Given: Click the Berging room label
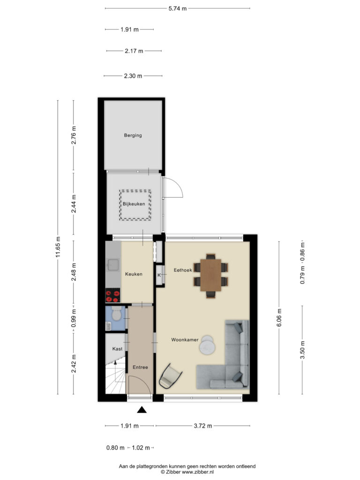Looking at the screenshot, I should [133, 135].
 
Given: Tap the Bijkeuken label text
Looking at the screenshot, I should [134, 204].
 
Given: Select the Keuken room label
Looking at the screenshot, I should [134, 274].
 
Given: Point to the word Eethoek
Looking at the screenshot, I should [183, 270].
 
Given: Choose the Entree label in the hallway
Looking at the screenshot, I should [140, 367].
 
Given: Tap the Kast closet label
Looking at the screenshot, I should [117, 349].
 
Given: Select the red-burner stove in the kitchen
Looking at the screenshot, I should [112, 295].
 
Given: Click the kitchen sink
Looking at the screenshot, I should [112, 266].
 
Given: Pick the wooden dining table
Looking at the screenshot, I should [210, 275].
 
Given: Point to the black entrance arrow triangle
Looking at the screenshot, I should [142, 411].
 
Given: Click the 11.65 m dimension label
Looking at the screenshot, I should [58, 247].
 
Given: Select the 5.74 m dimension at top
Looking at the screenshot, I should [178, 8].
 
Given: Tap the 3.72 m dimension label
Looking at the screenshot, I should [202, 426].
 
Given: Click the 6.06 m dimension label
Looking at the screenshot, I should [279, 318].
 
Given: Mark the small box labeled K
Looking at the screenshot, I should [159, 275].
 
